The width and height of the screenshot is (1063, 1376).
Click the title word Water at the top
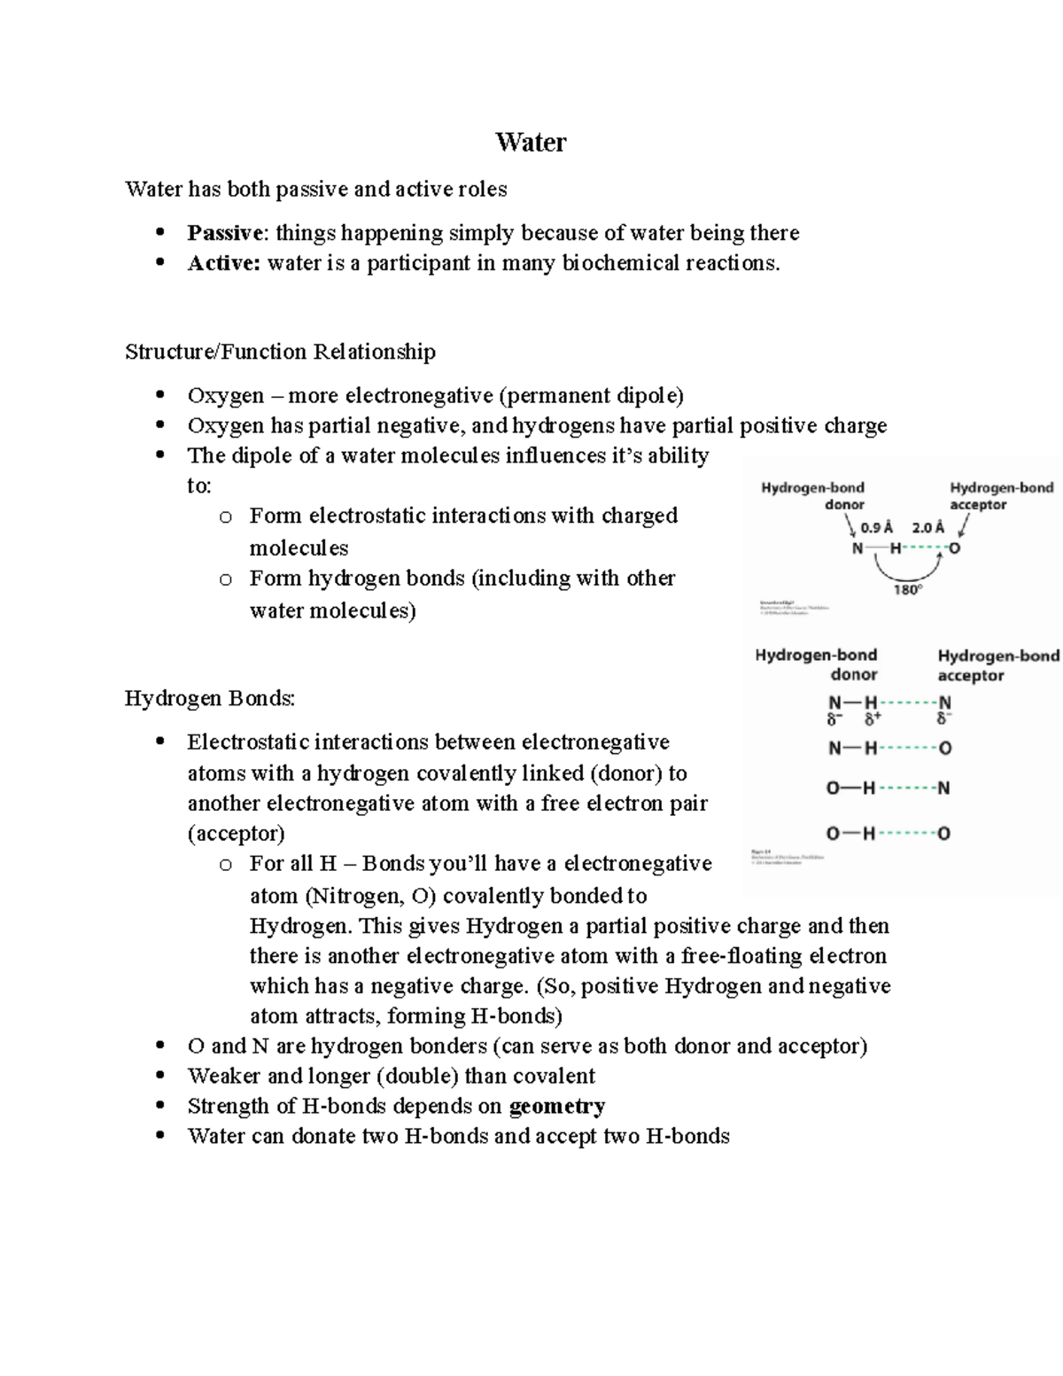531,143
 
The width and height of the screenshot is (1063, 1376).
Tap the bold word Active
223,263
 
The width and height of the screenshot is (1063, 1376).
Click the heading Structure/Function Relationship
280,352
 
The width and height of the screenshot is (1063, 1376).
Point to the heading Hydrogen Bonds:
210,698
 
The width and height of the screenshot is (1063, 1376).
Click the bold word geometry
557,1106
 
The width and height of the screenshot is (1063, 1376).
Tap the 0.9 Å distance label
876,527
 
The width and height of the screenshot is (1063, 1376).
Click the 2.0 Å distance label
927,527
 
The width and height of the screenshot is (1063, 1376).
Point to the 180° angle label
907,589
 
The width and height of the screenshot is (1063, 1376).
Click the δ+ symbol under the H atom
873,719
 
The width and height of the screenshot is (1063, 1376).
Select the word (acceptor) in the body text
236,834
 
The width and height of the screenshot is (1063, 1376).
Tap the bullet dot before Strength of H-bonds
160,1106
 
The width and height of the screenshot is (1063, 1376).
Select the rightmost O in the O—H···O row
944,834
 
